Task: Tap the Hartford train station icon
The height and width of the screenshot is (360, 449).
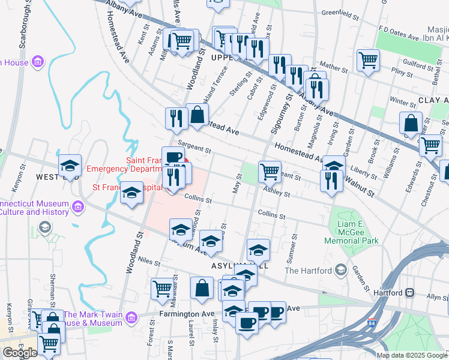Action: click(411, 293)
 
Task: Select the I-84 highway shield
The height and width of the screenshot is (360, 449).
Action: click(372, 323)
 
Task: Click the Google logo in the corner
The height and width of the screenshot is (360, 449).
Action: click(20, 353)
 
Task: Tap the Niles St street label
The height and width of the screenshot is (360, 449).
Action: click(149, 262)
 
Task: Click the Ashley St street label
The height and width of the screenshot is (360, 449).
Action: click(278, 193)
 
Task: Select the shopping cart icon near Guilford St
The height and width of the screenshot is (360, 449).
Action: click(367, 59)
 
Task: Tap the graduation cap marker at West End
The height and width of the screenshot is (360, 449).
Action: click(70, 165)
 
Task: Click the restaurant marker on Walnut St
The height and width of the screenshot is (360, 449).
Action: click(331, 180)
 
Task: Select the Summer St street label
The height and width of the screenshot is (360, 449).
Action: click(294, 251)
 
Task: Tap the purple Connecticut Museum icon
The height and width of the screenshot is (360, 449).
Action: click(77, 207)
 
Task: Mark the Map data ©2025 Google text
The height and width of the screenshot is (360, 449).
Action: click(412, 355)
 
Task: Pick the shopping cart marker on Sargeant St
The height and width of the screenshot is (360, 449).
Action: click(270, 172)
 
